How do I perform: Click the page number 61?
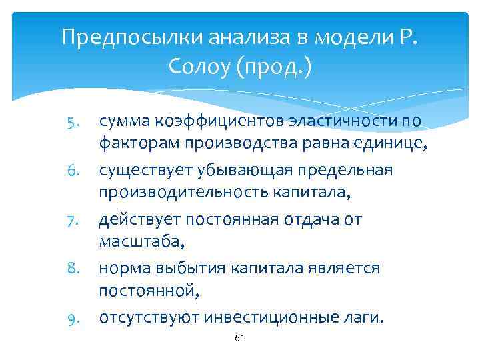241,339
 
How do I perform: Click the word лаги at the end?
362,318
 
